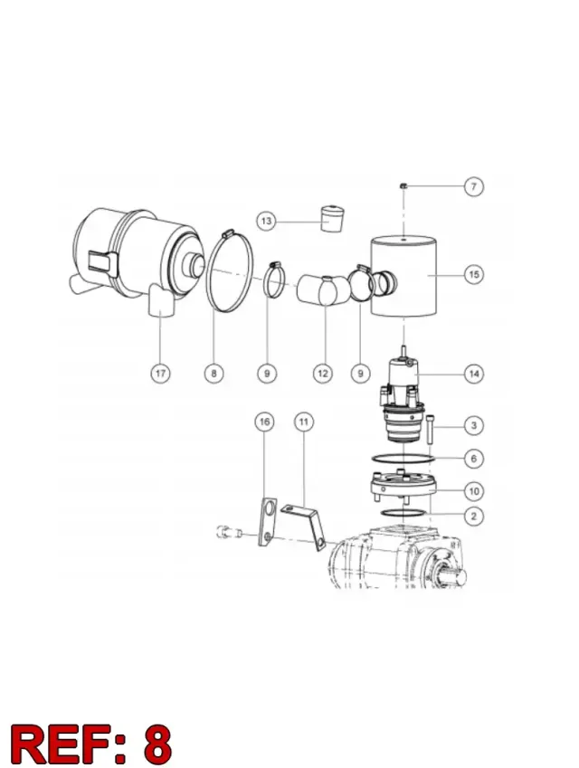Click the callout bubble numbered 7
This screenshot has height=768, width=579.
(474, 186)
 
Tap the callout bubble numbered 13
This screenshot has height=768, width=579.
(266, 222)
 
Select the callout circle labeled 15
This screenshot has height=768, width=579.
(474, 274)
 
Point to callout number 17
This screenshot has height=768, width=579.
(161, 374)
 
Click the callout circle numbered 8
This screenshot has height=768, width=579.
(214, 374)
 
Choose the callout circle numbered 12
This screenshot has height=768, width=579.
(322, 374)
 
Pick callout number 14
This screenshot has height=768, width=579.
(474, 375)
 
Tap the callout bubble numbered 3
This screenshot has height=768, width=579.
(474, 426)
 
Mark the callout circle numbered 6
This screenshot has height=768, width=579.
(474, 459)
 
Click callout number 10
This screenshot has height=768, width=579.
(474, 491)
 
